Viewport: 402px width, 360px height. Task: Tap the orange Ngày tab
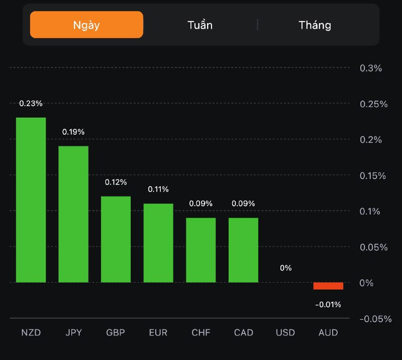86,25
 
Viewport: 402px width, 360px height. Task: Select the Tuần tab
200,25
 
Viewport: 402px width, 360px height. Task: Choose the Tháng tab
315,25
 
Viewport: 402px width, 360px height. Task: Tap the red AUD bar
328,286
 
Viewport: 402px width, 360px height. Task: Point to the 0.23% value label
31,103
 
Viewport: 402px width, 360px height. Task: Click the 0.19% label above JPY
73,132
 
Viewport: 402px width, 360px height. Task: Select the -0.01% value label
328,304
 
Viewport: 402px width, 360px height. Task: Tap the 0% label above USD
285,268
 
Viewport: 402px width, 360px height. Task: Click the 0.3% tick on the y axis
371,68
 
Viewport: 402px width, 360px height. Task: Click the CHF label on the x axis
201,333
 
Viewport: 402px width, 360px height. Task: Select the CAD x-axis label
244,333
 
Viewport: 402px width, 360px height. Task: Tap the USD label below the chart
285,333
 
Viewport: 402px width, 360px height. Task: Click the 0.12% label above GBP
116,182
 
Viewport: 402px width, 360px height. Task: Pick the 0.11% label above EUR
158,189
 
